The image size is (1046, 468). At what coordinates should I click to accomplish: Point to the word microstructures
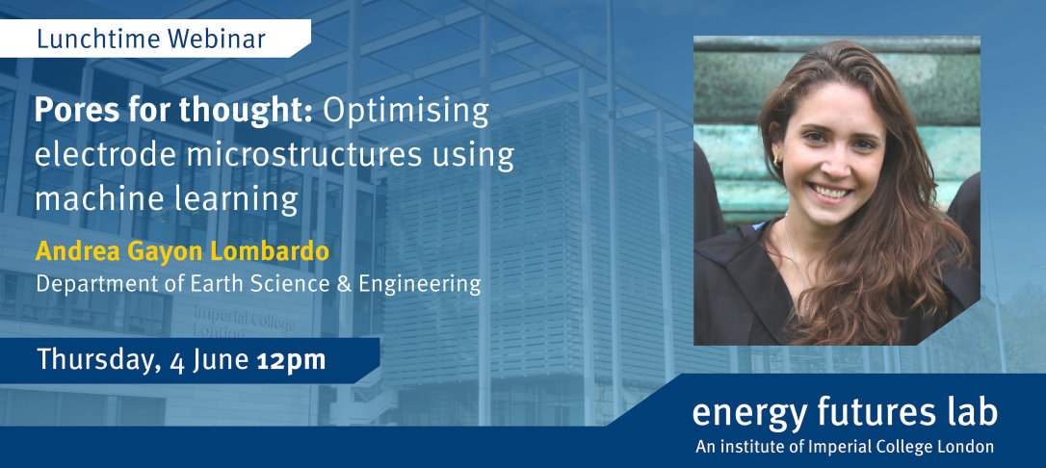(304, 156)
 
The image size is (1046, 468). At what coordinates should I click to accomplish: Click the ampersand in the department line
(344, 284)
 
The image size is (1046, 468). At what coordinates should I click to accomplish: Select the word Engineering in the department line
(420, 285)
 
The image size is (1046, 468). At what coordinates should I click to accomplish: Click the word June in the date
(221, 361)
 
